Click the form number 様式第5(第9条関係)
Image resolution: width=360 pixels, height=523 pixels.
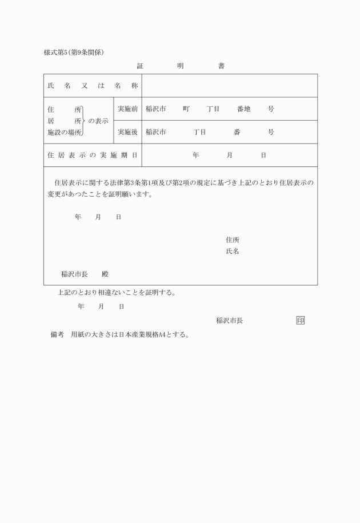(x=73, y=53)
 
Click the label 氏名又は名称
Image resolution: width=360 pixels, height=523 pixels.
(x=93, y=86)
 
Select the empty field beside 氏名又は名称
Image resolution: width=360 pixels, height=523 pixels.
(x=229, y=86)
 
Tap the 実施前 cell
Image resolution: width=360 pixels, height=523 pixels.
(x=127, y=109)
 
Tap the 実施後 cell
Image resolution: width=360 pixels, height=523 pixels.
(x=127, y=132)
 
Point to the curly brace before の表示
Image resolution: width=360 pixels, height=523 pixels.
(x=85, y=121)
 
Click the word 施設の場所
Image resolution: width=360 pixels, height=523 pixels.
(x=64, y=132)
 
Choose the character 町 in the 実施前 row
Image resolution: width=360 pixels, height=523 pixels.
(x=186, y=109)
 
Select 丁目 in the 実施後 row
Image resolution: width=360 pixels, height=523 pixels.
(x=199, y=132)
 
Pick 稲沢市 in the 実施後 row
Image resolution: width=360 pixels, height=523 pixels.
(x=155, y=132)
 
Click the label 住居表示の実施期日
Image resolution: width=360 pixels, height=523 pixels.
(x=93, y=155)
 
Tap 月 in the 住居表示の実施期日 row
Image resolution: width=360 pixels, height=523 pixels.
(x=229, y=155)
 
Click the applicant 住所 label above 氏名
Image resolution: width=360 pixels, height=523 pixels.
(x=233, y=240)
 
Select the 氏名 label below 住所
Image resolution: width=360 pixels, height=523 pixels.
(x=233, y=251)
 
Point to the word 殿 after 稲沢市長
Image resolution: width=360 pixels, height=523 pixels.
(x=105, y=274)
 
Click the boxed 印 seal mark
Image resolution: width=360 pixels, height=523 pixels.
(x=301, y=320)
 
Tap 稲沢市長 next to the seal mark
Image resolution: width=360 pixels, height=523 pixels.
(x=230, y=321)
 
